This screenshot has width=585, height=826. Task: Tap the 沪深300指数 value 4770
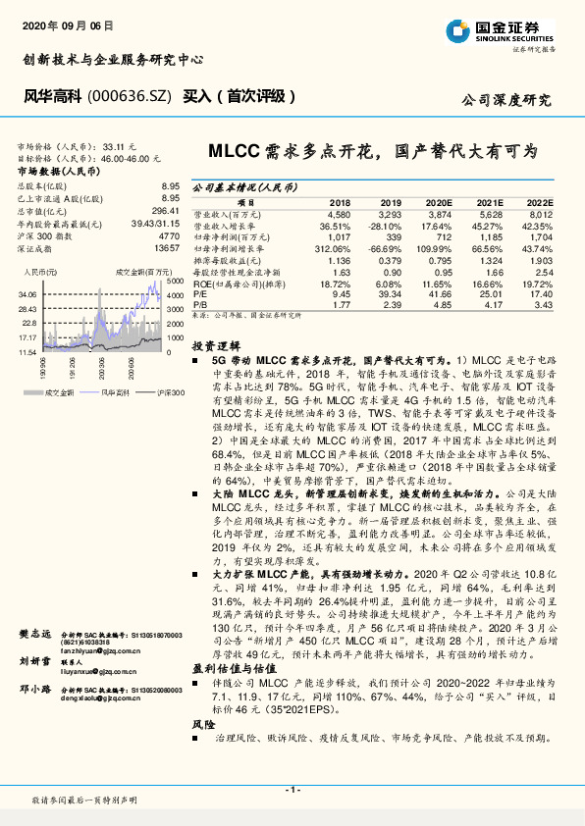[169, 236]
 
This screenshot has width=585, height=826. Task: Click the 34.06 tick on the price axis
[27, 293]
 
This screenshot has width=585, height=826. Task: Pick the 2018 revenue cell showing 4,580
[339, 213]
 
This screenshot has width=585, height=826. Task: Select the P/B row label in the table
[199, 304]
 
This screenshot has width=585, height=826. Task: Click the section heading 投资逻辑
[214, 346]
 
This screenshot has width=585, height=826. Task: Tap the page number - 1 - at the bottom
[292, 789]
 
